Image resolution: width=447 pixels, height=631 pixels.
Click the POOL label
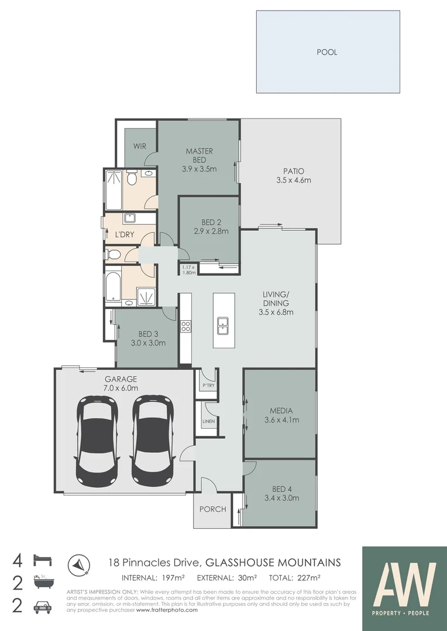click(x=327, y=52)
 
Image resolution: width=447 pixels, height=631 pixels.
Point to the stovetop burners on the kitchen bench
click(x=185, y=326)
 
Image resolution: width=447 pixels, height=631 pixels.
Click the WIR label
click(x=139, y=146)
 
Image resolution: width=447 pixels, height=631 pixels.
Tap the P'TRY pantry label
click(x=208, y=386)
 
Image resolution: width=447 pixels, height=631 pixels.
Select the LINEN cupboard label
click(x=208, y=421)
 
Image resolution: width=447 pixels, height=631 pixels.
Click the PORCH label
click(x=212, y=509)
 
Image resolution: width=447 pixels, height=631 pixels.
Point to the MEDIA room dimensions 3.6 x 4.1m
click(x=281, y=419)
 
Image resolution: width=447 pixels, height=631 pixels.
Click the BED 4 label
click(x=281, y=489)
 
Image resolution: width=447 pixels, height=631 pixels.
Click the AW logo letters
click(x=405, y=584)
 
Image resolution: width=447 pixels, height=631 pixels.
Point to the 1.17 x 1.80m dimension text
click(x=188, y=270)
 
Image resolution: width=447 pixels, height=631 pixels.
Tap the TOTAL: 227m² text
click(x=294, y=578)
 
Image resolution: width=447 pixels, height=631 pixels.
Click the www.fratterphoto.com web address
click(x=167, y=610)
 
